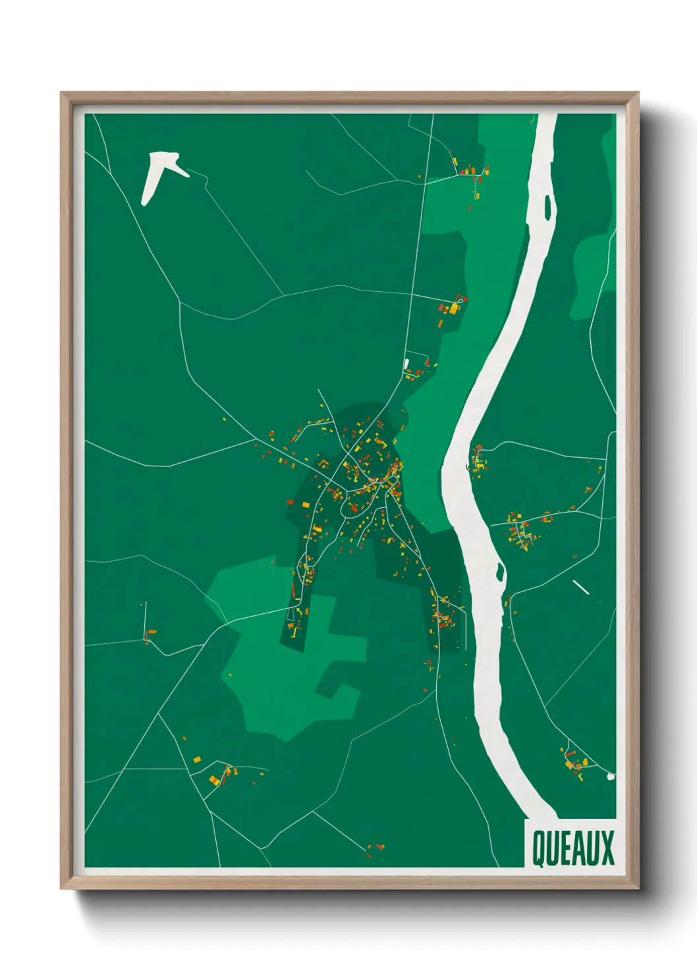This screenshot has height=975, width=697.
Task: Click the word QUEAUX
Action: (x=572, y=848)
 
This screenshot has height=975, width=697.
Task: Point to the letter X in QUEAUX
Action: (x=607, y=848)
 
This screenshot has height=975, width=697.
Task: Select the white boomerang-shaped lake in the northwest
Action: (x=158, y=174)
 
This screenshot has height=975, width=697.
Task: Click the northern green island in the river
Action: (x=547, y=207)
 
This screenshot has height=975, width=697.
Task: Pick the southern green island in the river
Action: (x=500, y=572)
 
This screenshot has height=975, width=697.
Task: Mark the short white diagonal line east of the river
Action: (x=580, y=587)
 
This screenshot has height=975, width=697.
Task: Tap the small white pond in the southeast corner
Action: (x=611, y=777)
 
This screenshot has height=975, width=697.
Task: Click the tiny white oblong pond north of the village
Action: (x=406, y=363)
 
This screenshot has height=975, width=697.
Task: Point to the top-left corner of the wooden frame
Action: (x=61, y=93)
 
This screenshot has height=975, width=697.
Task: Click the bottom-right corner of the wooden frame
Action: (x=638, y=888)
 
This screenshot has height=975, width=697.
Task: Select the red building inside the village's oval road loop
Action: (x=353, y=508)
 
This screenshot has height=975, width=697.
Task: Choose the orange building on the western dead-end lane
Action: (x=151, y=632)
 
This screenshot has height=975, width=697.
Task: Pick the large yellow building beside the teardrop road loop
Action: (x=454, y=308)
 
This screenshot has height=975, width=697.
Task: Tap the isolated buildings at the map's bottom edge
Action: (x=376, y=849)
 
